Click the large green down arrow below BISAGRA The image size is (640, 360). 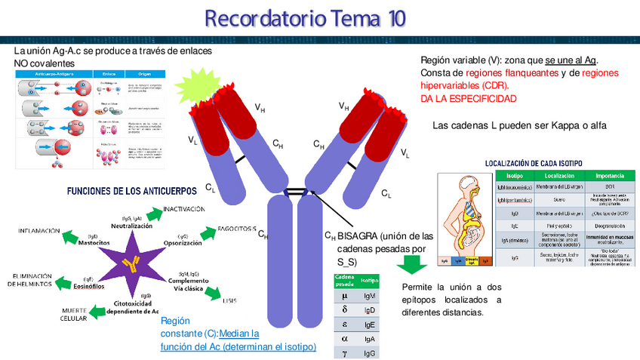412,265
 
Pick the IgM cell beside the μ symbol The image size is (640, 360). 369,297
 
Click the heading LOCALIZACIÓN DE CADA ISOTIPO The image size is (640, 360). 533,163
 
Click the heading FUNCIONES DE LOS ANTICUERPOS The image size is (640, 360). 132,190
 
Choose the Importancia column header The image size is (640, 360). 610,175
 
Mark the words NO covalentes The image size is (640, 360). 45,63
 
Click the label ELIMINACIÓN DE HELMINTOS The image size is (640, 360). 30,280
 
